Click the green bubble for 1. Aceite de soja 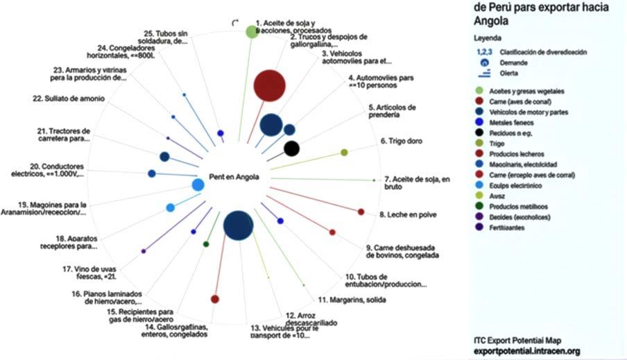pyautogui.click(x=252, y=32)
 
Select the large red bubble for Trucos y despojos pyautogui.click(x=269, y=86)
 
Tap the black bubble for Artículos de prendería pyautogui.click(x=292, y=148)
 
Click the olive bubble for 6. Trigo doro pyautogui.click(x=344, y=152)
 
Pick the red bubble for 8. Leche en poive pyautogui.click(x=361, y=212)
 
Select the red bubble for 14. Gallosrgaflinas pyautogui.click(x=215, y=299)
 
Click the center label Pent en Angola pyautogui.click(x=234, y=177)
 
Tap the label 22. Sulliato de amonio pyautogui.click(x=69, y=99)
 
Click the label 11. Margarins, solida pyautogui.click(x=352, y=300)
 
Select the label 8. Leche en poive pyautogui.click(x=408, y=215)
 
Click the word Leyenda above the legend pyautogui.click(x=486, y=37)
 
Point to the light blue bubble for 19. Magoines pyautogui.click(x=171, y=207)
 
